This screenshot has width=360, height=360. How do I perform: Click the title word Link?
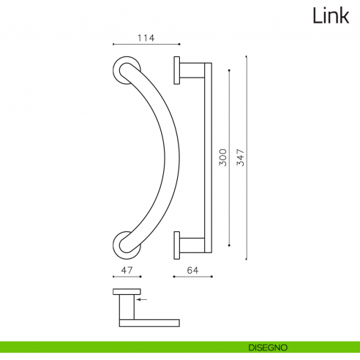click(x=330, y=15)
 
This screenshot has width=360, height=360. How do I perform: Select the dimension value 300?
click(x=222, y=158)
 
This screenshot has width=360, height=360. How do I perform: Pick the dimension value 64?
click(x=192, y=270)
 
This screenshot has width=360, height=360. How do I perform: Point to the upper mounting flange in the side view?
click(x=176, y=70)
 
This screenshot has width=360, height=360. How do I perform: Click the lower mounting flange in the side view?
click(x=176, y=244)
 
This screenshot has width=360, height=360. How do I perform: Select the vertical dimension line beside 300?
click(x=230, y=158)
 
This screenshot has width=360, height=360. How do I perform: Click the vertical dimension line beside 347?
click(x=247, y=157)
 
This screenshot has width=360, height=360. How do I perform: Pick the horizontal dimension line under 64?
click(x=192, y=277)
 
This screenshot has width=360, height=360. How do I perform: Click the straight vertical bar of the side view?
click(x=207, y=157)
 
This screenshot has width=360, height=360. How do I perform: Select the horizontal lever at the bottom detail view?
click(x=149, y=321)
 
